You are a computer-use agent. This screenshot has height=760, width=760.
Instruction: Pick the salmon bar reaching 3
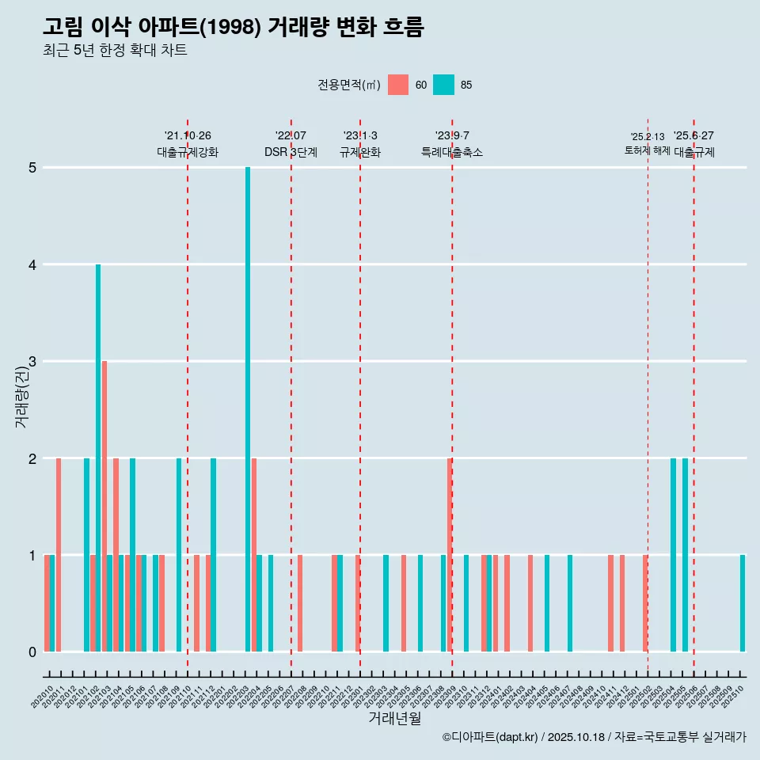coord(104,506)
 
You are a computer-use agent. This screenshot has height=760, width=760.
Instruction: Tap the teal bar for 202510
coord(743,603)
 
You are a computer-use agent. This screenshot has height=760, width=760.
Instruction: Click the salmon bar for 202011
coord(59,554)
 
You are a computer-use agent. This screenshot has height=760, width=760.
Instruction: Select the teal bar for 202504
coord(674,554)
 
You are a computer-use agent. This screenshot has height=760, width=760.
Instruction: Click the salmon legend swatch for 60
coord(398,85)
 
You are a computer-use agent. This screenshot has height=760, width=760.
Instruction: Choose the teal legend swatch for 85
coord(444,85)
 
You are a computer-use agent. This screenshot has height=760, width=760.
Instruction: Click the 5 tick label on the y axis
coord(32,168)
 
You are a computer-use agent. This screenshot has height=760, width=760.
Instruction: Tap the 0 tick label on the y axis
coord(32,652)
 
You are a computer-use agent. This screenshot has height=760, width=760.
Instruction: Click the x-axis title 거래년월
coord(394,718)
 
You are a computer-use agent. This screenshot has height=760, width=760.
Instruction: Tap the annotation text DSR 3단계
coord(291,152)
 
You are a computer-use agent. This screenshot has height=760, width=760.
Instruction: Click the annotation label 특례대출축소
coord(451,152)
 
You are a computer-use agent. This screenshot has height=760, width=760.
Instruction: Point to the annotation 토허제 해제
coord(648,150)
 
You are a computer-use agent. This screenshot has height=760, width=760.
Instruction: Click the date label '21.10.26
coord(188,135)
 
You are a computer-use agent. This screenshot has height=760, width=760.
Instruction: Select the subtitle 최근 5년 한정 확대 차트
coord(115,51)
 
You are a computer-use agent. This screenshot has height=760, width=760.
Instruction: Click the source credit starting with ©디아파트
coord(594,737)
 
